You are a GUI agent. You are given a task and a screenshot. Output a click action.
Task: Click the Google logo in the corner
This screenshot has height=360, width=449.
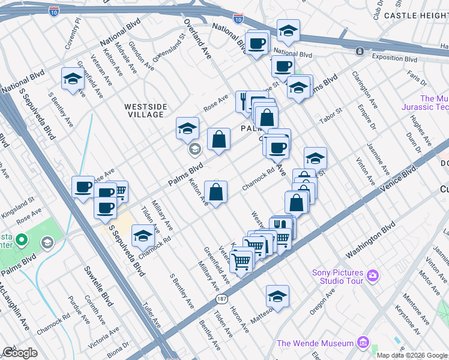[20, 352]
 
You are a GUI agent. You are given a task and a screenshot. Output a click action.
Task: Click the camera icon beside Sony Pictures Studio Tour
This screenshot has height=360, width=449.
[373, 275]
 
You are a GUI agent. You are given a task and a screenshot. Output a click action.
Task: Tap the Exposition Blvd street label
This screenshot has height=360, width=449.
[394, 59]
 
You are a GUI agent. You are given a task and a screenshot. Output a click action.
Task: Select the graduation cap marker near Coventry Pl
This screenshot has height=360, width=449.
[73, 79]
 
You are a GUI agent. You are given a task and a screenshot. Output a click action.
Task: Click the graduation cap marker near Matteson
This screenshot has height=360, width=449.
[277, 296]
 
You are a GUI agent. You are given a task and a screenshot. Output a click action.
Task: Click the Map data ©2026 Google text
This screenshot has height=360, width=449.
[412, 355]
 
